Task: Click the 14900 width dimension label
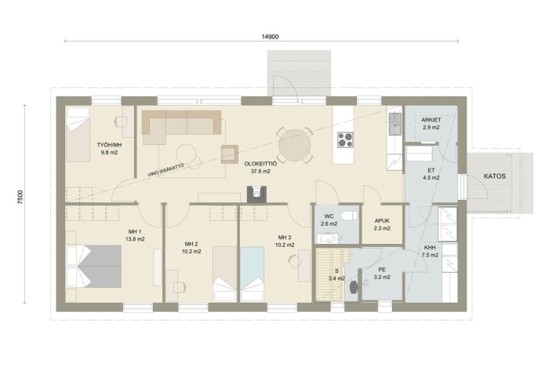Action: (x=270, y=36)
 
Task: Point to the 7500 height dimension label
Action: (x=20, y=197)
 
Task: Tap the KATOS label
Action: (x=494, y=176)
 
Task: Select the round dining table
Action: (x=294, y=146)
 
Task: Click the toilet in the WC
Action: (x=350, y=216)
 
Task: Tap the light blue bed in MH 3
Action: (x=252, y=274)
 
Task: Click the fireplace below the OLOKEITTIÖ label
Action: (x=256, y=194)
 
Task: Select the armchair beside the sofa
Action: (x=229, y=154)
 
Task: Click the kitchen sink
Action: (x=395, y=123)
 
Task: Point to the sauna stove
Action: (x=353, y=287)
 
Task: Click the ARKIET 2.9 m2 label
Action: (x=431, y=124)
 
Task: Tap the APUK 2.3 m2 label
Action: (x=382, y=224)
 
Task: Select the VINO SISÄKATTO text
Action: (x=165, y=169)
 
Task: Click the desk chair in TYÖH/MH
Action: (x=121, y=122)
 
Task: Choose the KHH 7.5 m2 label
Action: (x=430, y=252)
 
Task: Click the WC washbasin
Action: (x=328, y=238)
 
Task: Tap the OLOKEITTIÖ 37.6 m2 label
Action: (x=260, y=167)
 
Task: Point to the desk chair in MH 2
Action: (x=180, y=288)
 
